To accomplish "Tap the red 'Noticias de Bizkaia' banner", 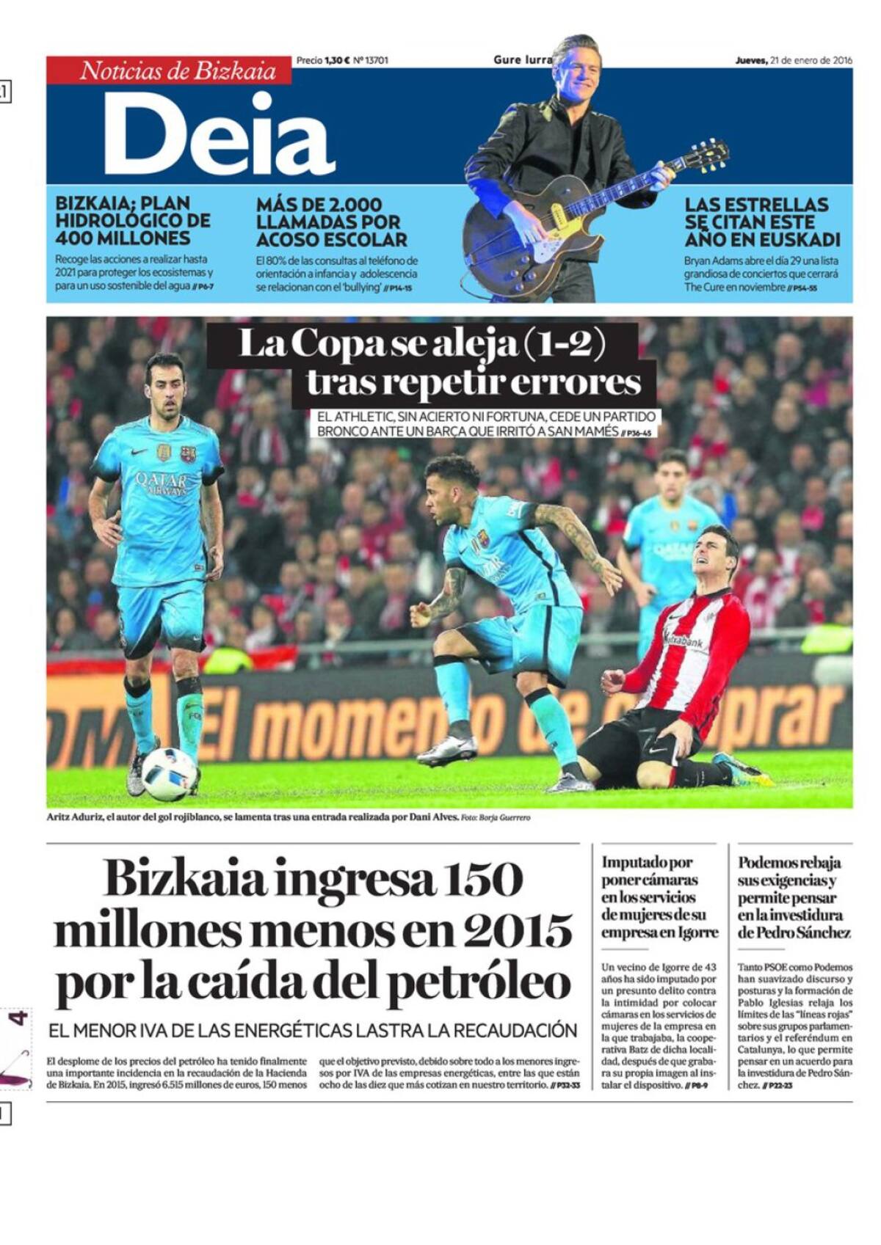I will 169,70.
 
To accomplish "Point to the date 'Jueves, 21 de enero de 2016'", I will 794,61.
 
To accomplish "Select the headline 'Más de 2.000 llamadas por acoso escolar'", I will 331,222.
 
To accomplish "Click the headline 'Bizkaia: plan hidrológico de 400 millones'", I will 133,220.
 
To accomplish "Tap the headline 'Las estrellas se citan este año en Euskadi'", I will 762,222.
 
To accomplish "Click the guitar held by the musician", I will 558,220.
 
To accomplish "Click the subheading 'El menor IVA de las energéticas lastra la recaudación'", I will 313,1030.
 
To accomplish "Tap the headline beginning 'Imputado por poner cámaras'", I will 659,897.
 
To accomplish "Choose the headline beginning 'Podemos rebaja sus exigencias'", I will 794,897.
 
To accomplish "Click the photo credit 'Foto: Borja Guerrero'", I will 496,817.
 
